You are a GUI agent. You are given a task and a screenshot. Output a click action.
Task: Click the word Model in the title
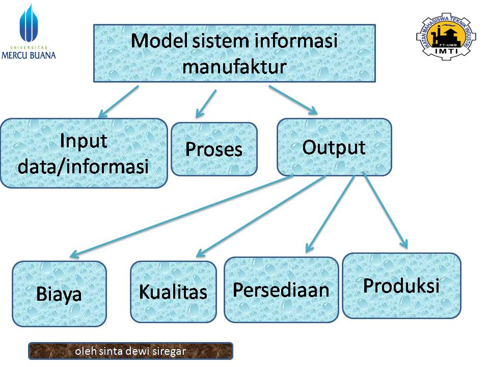pyautogui.click(x=159, y=41)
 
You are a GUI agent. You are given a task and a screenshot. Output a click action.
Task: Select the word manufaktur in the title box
pyautogui.click(x=234, y=66)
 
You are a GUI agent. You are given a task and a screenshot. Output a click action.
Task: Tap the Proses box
pyautogui.click(x=214, y=149)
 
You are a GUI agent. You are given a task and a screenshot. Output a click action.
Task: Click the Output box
pyautogui.click(x=334, y=147)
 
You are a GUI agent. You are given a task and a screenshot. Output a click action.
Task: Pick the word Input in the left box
pyautogui.click(x=84, y=140)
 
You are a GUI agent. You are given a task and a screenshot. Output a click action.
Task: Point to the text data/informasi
pyautogui.click(x=84, y=166)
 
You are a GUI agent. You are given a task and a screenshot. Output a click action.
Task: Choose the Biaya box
pyautogui.click(x=59, y=294)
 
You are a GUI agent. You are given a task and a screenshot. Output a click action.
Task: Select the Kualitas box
pyautogui.click(x=173, y=292)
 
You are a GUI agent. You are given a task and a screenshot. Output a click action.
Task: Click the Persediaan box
pyautogui.click(x=281, y=290)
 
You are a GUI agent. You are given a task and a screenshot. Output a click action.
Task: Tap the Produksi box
pyautogui.click(x=401, y=285)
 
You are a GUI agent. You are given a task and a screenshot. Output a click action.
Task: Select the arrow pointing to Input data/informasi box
pyautogui.click(x=119, y=101)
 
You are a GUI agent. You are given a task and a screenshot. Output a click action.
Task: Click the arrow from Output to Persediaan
pyautogui.click(x=330, y=214)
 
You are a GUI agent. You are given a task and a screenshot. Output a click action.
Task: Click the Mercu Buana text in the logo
pyautogui.click(x=29, y=55)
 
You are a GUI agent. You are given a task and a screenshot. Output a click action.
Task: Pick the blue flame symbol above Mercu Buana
pyautogui.click(x=29, y=23)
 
